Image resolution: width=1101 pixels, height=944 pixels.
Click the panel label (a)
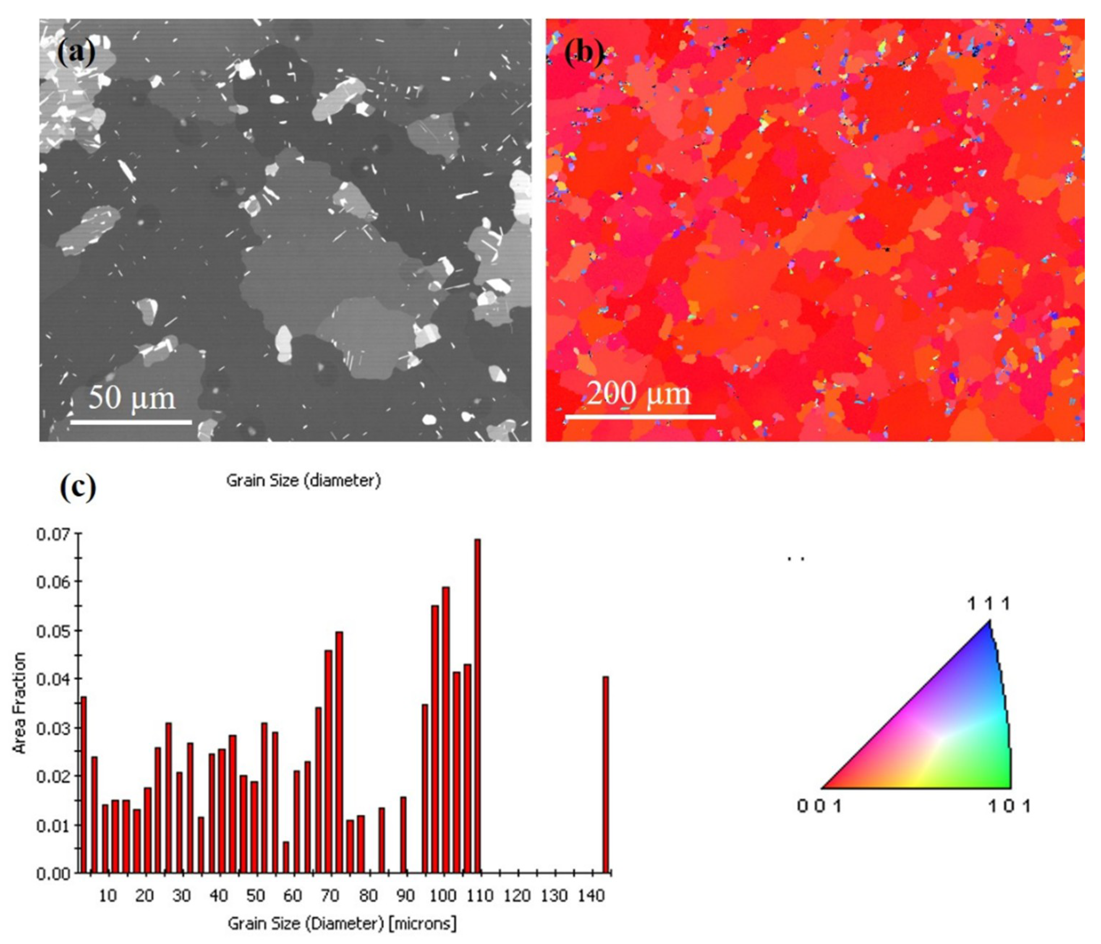[76, 53]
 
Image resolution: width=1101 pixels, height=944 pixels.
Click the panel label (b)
[583, 54]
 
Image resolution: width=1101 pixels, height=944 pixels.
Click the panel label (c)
[77, 488]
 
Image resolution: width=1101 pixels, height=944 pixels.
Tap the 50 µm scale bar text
[131, 398]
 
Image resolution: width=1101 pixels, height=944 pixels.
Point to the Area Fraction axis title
[20, 703]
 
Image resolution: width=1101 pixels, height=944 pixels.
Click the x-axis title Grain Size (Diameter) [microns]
[342, 923]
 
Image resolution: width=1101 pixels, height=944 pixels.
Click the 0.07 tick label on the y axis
[53, 534]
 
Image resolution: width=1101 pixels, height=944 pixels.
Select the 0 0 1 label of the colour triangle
[819, 806]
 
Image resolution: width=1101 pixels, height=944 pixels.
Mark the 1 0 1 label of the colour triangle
[1008, 806]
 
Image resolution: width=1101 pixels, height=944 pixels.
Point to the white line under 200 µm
[640, 417]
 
